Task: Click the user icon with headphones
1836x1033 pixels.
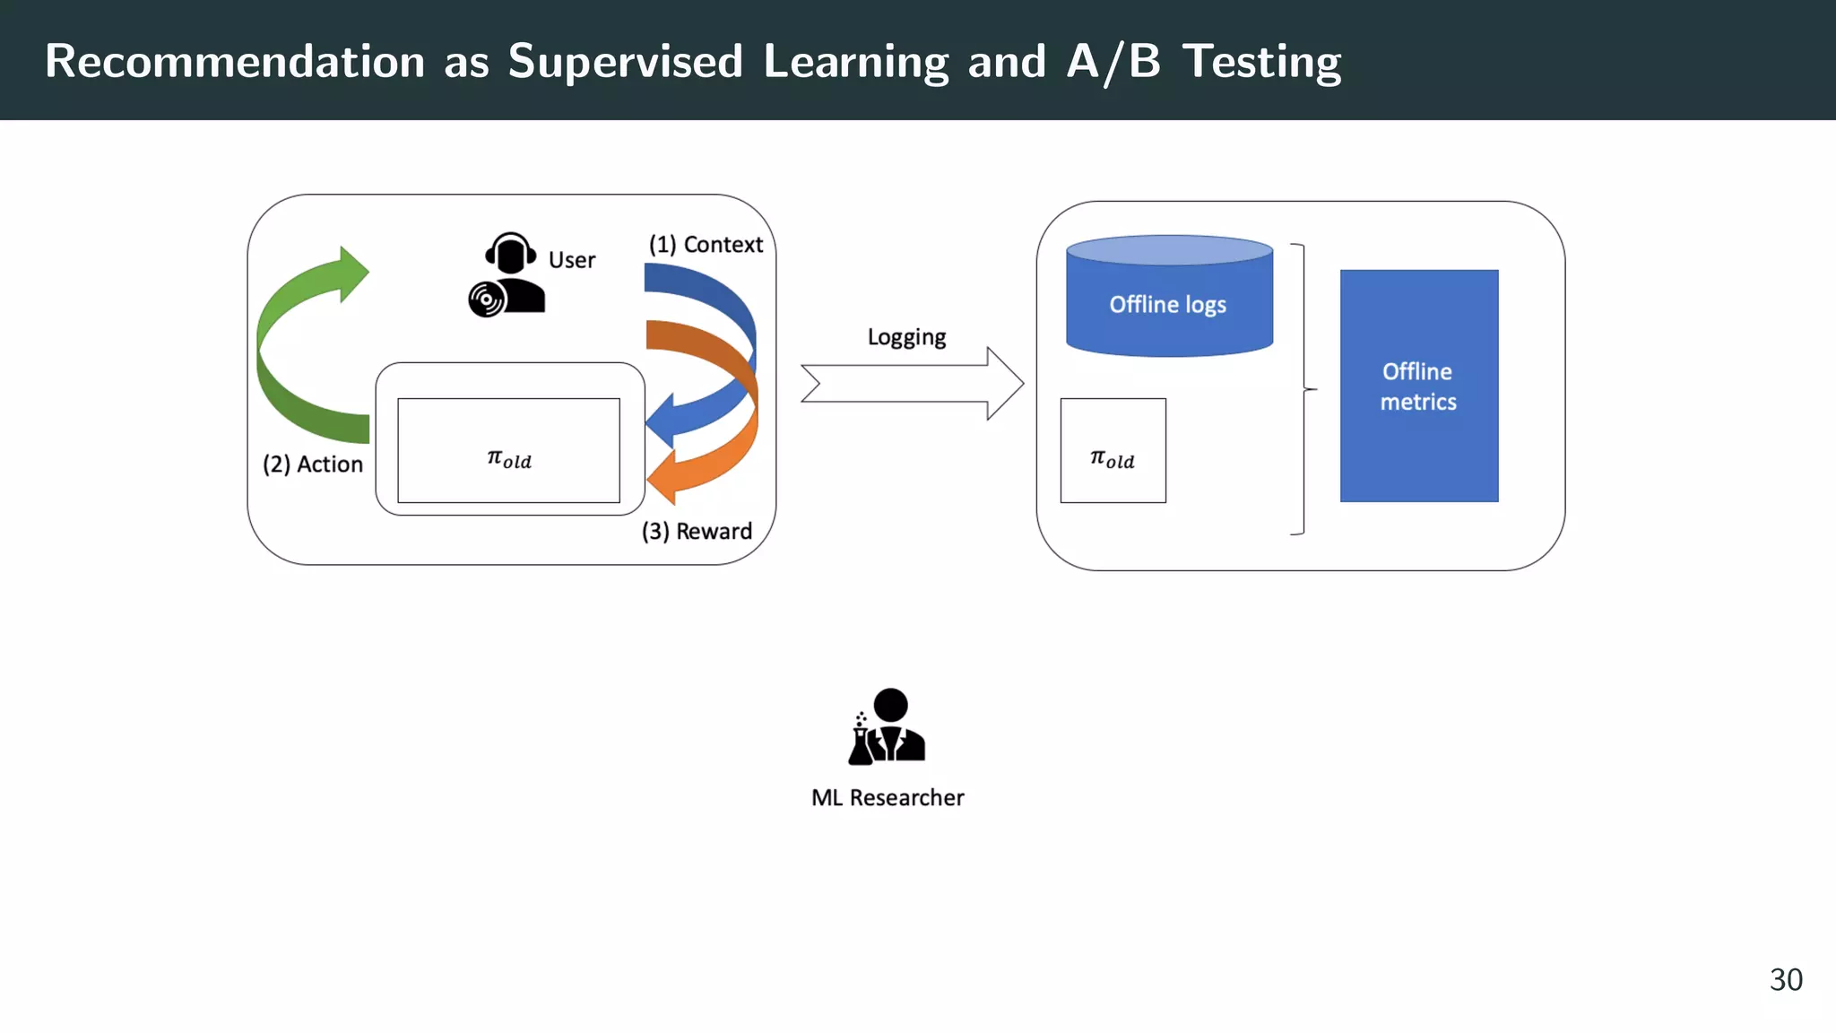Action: (x=508, y=274)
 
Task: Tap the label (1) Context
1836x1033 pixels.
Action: (x=706, y=245)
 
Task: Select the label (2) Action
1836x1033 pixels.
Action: (x=313, y=464)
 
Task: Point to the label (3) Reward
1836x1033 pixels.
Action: (x=697, y=532)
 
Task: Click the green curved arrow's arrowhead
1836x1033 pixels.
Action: (x=351, y=273)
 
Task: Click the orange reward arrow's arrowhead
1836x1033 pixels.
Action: (x=662, y=478)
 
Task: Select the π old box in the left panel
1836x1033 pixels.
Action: (x=508, y=451)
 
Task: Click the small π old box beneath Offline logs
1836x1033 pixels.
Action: (x=1113, y=451)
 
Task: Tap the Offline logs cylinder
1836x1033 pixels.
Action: (x=1169, y=298)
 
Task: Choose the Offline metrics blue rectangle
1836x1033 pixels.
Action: (x=1418, y=386)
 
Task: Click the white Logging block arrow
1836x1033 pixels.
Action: (x=912, y=384)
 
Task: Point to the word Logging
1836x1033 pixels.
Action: (x=906, y=337)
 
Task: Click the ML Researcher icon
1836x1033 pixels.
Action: (x=887, y=727)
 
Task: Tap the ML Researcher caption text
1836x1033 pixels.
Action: (x=888, y=798)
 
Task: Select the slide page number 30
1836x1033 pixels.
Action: (x=1785, y=979)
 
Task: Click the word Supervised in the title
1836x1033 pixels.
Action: (x=625, y=62)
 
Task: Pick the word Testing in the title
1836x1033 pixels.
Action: (x=1260, y=62)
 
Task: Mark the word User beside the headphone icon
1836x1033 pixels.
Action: (x=572, y=261)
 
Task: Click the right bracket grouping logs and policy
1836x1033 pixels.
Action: (x=1303, y=389)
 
